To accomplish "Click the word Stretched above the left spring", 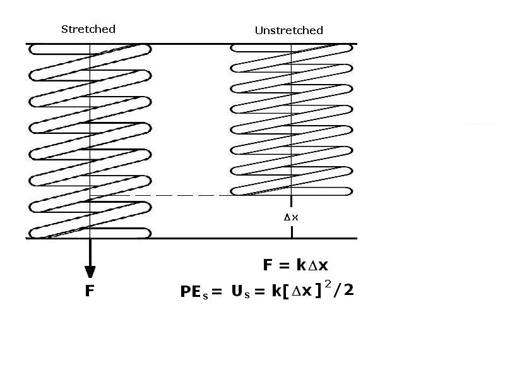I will coord(88,29).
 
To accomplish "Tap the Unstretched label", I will coord(288,30).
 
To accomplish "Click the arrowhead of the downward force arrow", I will coord(90,272).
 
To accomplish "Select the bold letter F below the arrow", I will coord(90,291).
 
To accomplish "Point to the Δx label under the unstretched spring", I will coord(292,217).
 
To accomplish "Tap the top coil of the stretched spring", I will coord(90,48).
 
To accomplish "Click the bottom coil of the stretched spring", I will coord(90,232).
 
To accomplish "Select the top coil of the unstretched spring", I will coord(291,48).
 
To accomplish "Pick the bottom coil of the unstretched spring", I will coord(291,191).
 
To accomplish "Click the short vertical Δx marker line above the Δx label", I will coord(291,203).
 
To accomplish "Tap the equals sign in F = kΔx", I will coord(285,266).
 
